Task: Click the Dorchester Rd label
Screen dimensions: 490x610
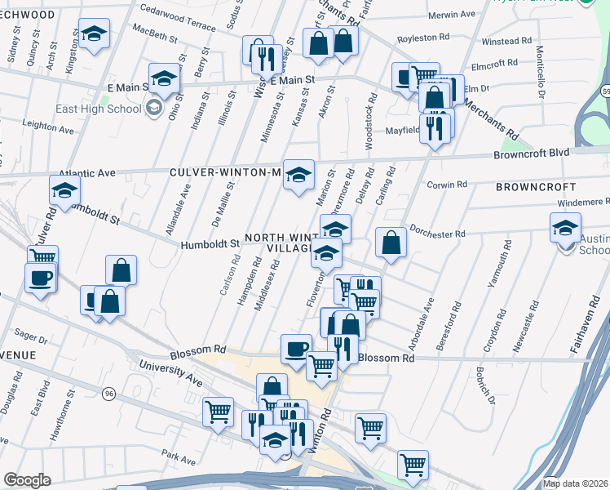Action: (x=437, y=233)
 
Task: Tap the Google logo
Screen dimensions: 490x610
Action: (x=27, y=481)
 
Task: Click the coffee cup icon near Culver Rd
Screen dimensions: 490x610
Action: (x=40, y=278)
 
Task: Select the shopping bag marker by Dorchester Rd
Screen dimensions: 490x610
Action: (x=391, y=242)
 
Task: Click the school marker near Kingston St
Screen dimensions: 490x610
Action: (x=95, y=34)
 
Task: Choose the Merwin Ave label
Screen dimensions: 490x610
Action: (x=451, y=15)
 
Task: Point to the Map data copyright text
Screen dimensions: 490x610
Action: (x=574, y=483)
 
